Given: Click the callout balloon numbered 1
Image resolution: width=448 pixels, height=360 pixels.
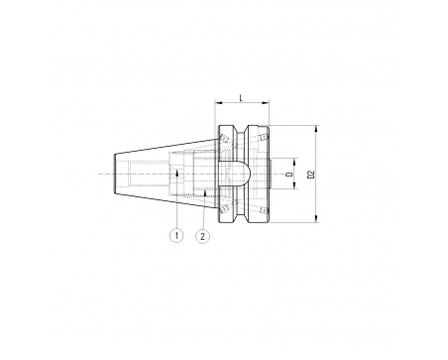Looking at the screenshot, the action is click(x=176, y=235).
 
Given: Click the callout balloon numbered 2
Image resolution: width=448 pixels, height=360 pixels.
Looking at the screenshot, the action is click(x=203, y=236).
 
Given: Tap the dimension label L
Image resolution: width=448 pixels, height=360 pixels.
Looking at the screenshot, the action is click(x=241, y=98).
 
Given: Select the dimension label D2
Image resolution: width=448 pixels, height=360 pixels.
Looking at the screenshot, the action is click(x=310, y=175).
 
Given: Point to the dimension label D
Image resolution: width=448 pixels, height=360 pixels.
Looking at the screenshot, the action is click(x=290, y=174).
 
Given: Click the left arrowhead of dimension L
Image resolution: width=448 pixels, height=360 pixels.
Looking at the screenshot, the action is click(x=218, y=103).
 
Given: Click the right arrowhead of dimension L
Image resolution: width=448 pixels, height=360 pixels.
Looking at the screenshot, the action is click(x=266, y=103).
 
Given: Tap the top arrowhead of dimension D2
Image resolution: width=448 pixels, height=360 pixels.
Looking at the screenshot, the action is click(x=316, y=129).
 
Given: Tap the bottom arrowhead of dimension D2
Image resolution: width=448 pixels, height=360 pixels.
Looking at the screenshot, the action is click(x=316, y=218).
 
